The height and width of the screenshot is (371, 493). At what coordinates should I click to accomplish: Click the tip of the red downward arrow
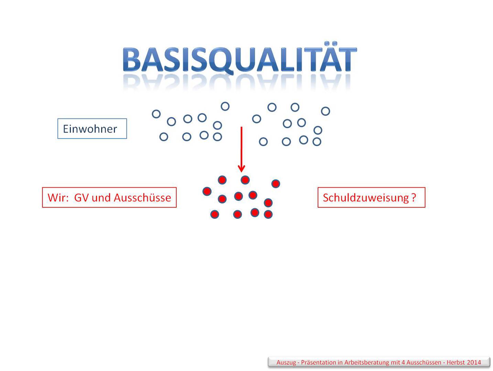(x=241, y=172)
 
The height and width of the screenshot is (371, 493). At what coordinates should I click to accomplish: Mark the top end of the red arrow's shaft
(x=242, y=127)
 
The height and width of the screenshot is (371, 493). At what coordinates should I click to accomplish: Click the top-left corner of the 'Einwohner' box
(x=58, y=119)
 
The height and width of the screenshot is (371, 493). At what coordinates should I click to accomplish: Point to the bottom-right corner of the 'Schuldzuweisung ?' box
(x=425, y=207)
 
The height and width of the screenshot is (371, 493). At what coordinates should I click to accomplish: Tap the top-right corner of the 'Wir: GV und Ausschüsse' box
(x=176, y=188)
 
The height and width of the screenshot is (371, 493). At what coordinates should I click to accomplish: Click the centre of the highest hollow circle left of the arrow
(x=225, y=106)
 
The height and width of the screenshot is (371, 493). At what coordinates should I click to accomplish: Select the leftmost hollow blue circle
(x=156, y=114)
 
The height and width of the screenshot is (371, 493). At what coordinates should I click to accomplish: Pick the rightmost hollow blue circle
(x=325, y=111)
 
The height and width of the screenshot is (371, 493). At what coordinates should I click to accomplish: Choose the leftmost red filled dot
(x=207, y=191)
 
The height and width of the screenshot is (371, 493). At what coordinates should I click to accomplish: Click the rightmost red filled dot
(x=276, y=184)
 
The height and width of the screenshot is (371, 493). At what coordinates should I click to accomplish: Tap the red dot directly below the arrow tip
(x=245, y=180)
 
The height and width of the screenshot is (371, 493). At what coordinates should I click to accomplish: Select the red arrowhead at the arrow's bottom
(x=241, y=169)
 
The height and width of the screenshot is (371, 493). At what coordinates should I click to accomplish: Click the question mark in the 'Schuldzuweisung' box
(x=414, y=198)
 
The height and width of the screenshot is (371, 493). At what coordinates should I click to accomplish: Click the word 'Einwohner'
(x=90, y=129)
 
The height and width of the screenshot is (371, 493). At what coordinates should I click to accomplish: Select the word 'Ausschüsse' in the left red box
(x=142, y=198)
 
